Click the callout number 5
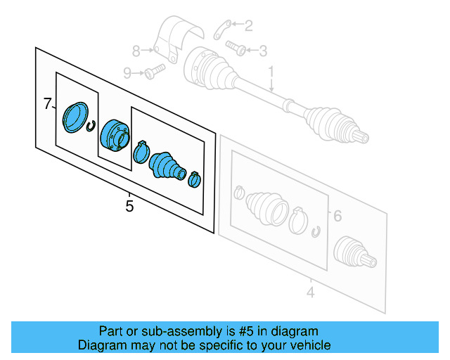(x=129, y=206)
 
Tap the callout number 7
(x=47, y=104)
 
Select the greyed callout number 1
(x=271, y=72)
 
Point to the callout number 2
(x=248, y=26)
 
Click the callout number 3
(x=263, y=51)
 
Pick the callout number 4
(x=310, y=290)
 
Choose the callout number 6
(x=337, y=216)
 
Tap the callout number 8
(x=138, y=50)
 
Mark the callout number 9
(x=127, y=72)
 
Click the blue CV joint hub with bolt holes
(x=112, y=135)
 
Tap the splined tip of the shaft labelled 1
(x=361, y=136)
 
